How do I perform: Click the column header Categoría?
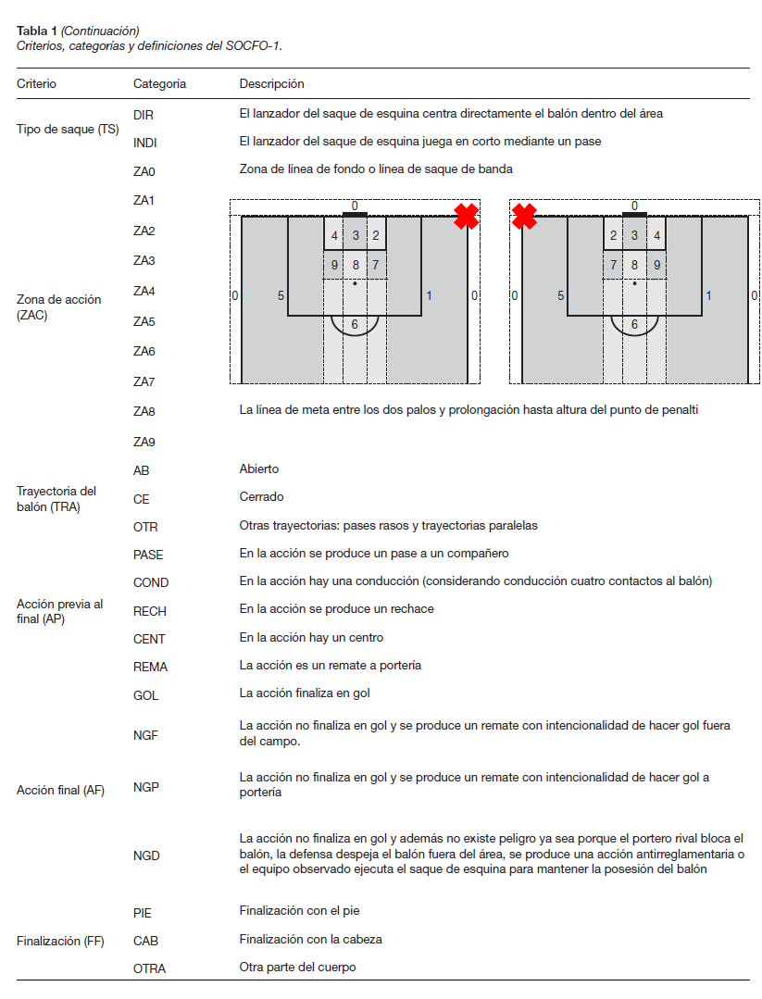[x=159, y=83]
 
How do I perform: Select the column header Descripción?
[x=271, y=83]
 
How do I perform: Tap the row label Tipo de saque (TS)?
[x=68, y=129]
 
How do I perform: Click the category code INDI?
[x=144, y=143]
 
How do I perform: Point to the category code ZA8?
[x=144, y=411]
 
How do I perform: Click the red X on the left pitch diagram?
[x=466, y=217]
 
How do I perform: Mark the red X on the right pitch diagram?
[x=524, y=217]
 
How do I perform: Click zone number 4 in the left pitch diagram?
[x=334, y=236]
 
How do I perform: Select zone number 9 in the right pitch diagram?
[x=656, y=266]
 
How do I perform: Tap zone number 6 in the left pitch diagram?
[x=355, y=325]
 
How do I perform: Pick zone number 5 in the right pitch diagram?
[x=560, y=296]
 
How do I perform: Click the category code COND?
[x=150, y=582]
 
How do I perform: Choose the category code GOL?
[x=145, y=695]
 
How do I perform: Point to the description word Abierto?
[x=258, y=469]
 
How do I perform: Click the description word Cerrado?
[x=261, y=497]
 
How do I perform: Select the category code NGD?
[x=145, y=856]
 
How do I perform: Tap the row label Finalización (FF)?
[x=60, y=942]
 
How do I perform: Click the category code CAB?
[x=145, y=941]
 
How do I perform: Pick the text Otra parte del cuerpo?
[x=297, y=968]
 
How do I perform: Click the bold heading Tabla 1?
[x=37, y=31]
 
